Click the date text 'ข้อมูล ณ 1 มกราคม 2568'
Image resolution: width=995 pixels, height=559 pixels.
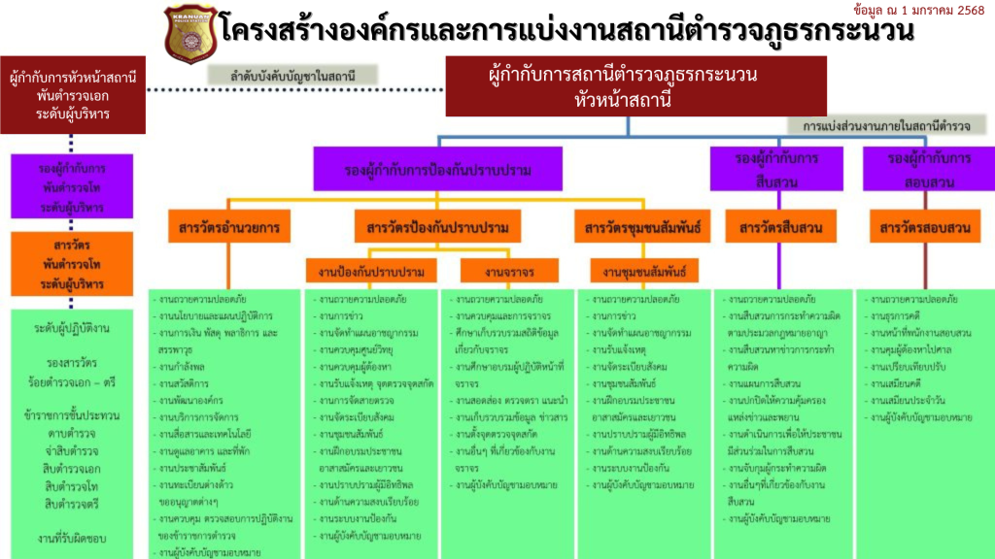[918, 10]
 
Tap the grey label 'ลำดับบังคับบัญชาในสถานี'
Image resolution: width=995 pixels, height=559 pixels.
[292, 75]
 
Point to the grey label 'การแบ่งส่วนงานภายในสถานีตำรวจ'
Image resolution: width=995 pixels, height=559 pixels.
[886, 126]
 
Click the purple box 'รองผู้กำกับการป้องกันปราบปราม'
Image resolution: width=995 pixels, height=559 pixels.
[438, 169]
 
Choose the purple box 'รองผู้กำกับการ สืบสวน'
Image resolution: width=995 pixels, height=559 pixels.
[775, 169]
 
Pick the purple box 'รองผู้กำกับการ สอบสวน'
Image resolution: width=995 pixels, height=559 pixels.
[929, 169]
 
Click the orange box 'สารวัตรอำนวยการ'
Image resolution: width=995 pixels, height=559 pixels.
[229, 228]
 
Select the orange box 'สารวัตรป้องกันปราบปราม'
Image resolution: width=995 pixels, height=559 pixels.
[438, 228]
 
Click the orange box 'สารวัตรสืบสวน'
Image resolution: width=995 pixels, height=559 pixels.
[774, 228]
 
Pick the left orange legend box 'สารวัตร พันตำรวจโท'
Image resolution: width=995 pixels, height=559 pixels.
[73, 263]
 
